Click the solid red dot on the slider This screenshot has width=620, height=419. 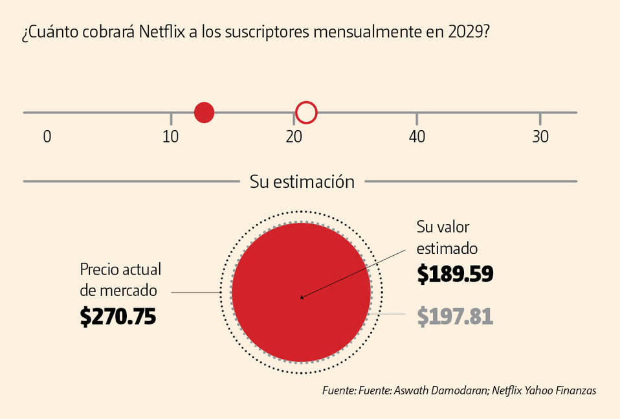204,113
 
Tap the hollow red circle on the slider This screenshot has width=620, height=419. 306,113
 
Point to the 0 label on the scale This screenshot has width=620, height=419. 47,137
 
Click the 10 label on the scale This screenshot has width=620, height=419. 170,137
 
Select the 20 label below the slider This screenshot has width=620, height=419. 294,137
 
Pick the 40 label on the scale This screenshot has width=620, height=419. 417,137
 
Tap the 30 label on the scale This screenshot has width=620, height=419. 540,137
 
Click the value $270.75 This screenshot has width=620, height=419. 118,316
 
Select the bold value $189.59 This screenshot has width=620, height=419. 455,274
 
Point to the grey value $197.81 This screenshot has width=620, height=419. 455,317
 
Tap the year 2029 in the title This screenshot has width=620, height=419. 465,34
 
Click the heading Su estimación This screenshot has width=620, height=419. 302,182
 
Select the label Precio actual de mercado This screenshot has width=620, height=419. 120,280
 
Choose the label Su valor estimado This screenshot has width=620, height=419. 447,238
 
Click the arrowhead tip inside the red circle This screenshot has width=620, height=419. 302,298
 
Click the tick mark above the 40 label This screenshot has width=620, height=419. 417,119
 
